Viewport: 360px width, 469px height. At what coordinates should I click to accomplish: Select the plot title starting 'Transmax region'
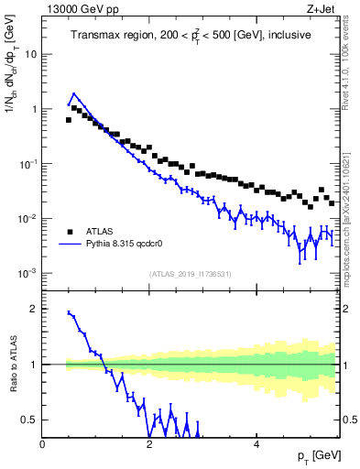click(191, 35)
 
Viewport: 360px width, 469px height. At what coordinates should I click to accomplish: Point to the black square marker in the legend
click(70, 231)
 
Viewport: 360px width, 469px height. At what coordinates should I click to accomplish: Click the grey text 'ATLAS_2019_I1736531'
click(191, 274)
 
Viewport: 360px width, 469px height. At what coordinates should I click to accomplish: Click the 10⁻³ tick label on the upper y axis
click(27, 273)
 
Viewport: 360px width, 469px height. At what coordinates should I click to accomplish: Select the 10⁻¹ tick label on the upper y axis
click(27, 163)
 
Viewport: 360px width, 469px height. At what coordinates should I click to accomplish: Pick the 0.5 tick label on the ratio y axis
click(29, 420)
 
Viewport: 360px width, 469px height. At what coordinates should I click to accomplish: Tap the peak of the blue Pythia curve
click(74, 93)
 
